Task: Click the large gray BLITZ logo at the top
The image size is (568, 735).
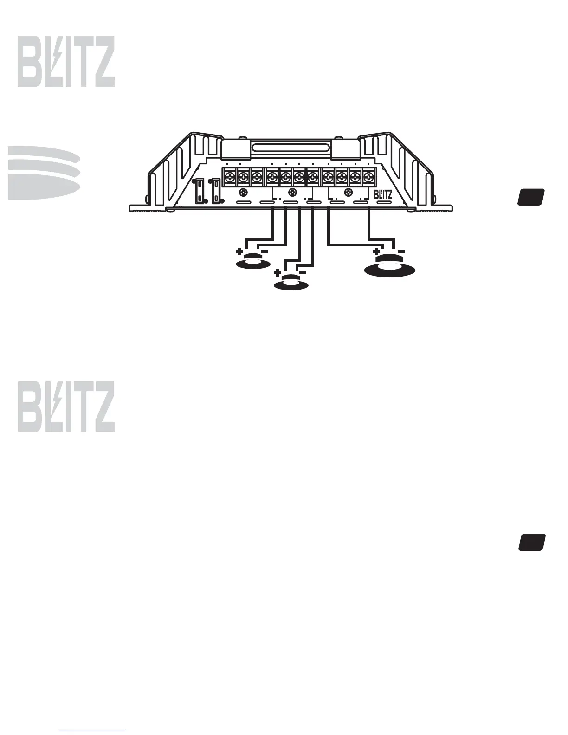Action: click(x=66, y=62)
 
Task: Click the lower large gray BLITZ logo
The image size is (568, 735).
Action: click(x=66, y=407)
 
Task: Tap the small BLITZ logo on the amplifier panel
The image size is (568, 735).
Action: click(x=383, y=194)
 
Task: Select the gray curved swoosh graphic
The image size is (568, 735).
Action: click(x=44, y=173)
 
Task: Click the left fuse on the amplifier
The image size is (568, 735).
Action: click(x=200, y=191)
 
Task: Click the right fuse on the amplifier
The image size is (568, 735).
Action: click(x=216, y=191)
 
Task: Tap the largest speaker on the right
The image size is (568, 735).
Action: click(x=390, y=268)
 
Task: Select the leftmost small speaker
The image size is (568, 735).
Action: click(x=253, y=262)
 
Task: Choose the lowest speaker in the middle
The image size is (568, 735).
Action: click(x=291, y=283)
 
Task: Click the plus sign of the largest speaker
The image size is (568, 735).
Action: click(x=376, y=251)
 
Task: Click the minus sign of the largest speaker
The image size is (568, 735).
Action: click(x=401, y=251)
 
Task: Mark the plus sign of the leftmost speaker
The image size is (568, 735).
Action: click(x=239, y=252)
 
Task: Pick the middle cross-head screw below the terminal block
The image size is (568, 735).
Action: click(x=292, y=193)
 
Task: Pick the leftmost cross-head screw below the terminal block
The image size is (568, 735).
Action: click(x=242, y=193)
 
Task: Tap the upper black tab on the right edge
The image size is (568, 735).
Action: click(x=531, y=197)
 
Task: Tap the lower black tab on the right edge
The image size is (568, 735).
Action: click(x=532, y=542)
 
